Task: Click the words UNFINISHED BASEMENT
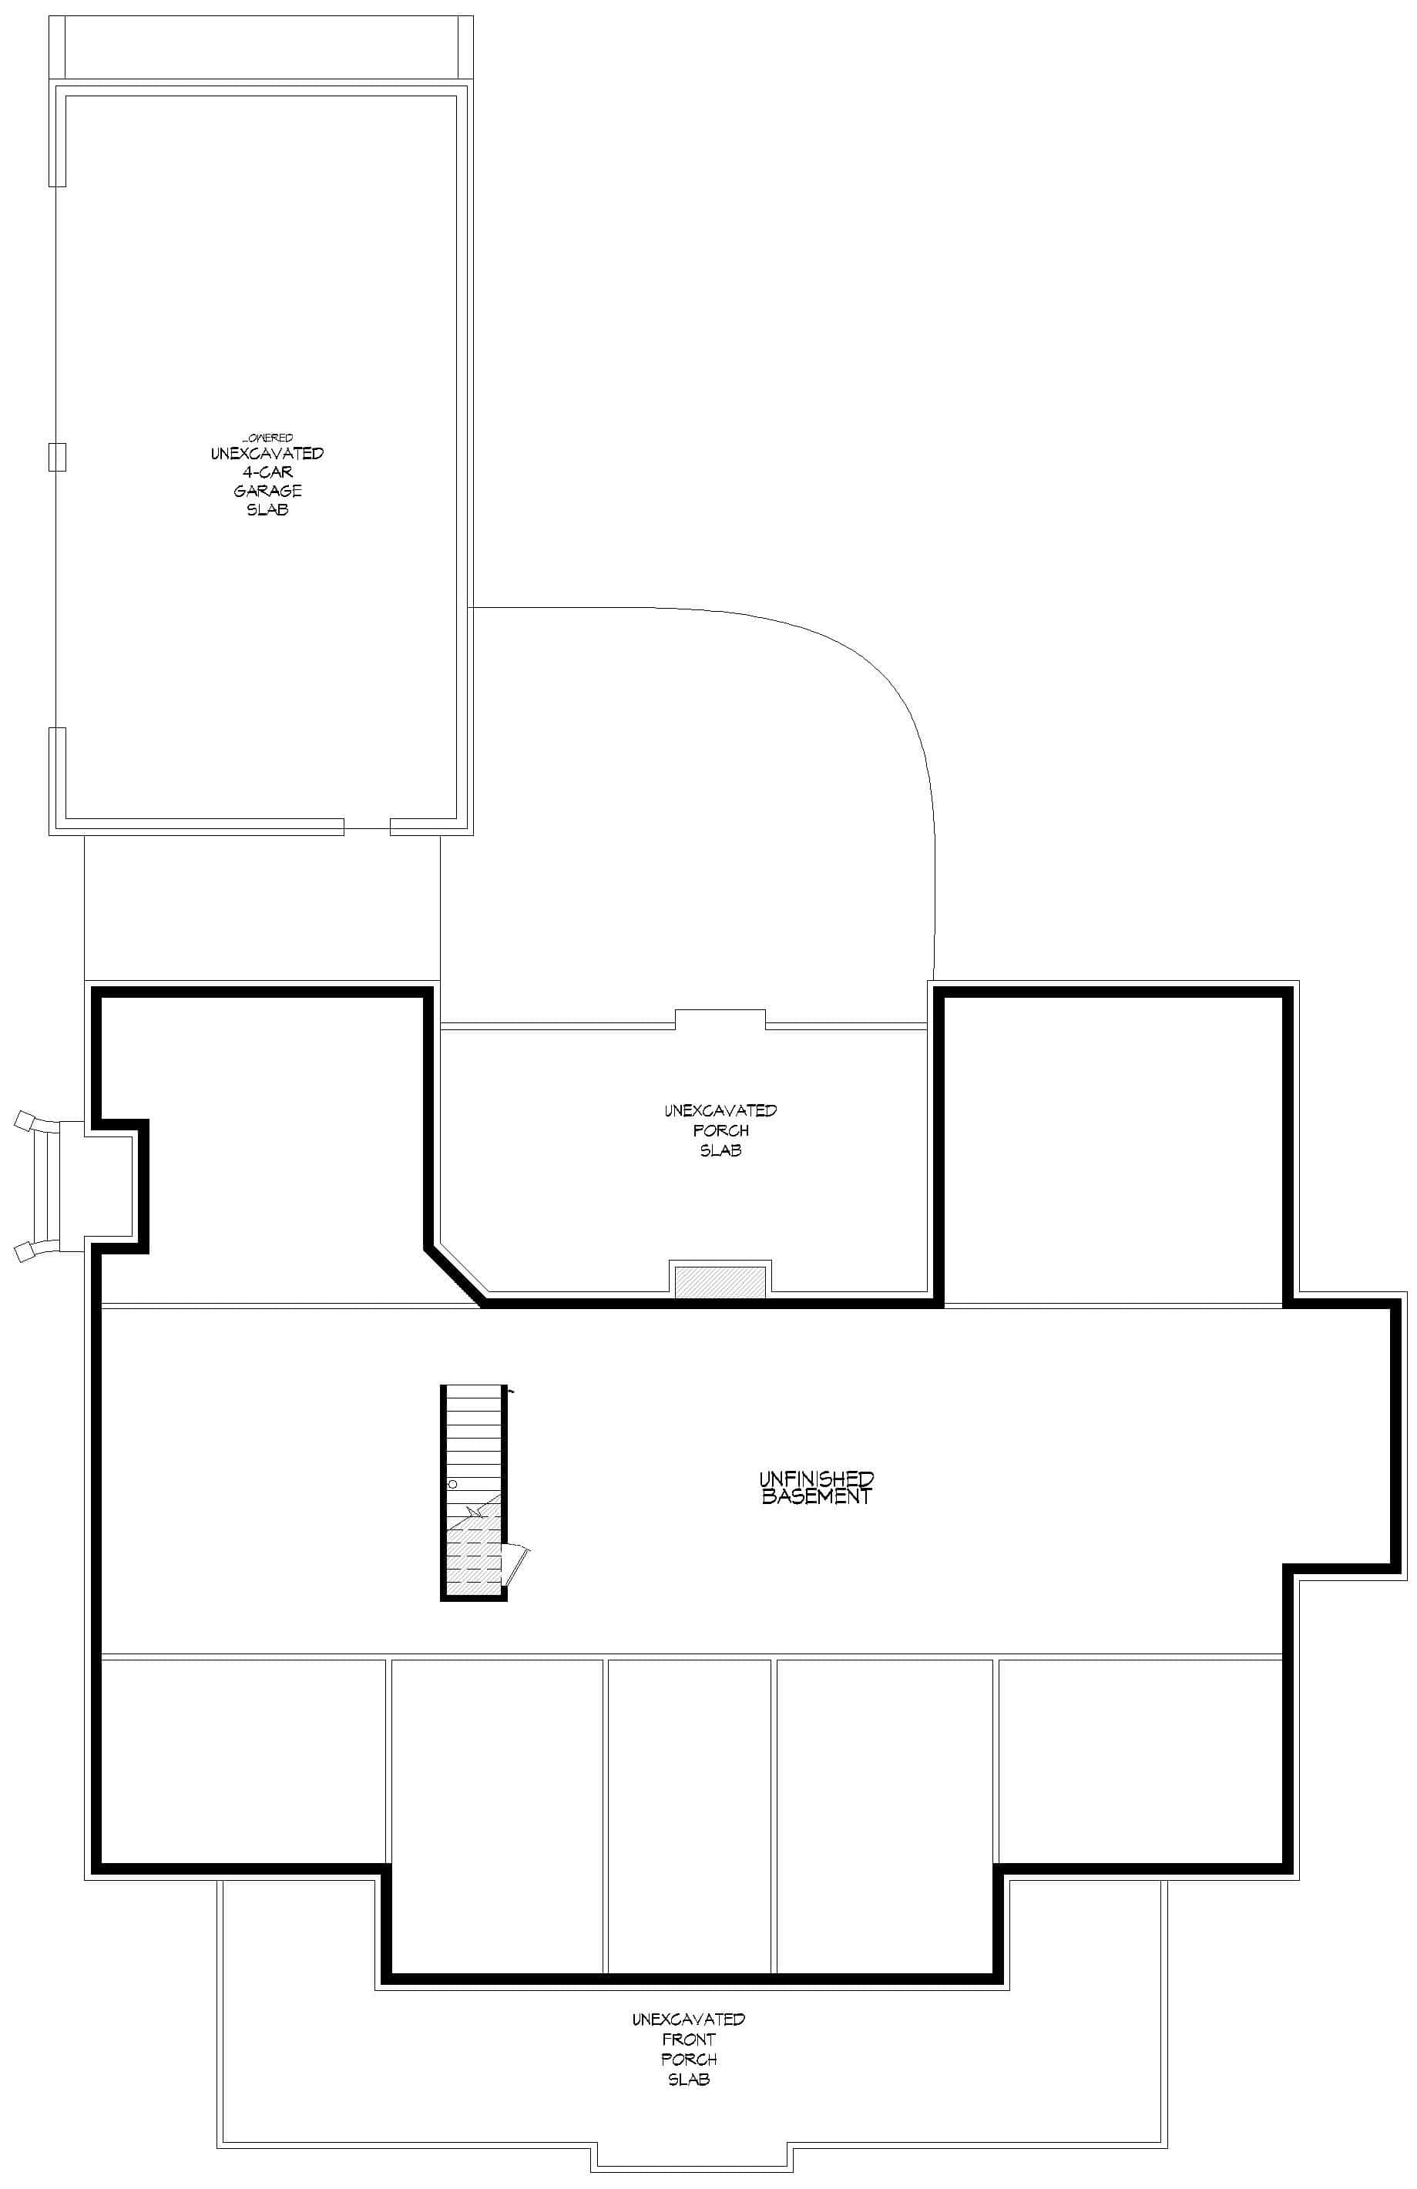point(816,1487)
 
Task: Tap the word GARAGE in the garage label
point(267,490)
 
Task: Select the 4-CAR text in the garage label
point(267,472)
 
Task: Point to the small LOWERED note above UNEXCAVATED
point(267,438)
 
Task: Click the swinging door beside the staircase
point(518,1564)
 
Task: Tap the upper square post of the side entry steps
point(25,1120)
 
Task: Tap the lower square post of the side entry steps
point(25,1252)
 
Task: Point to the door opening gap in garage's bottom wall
point(367,827)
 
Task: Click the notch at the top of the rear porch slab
point(720,1018)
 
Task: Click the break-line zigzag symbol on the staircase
point(475,1511)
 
